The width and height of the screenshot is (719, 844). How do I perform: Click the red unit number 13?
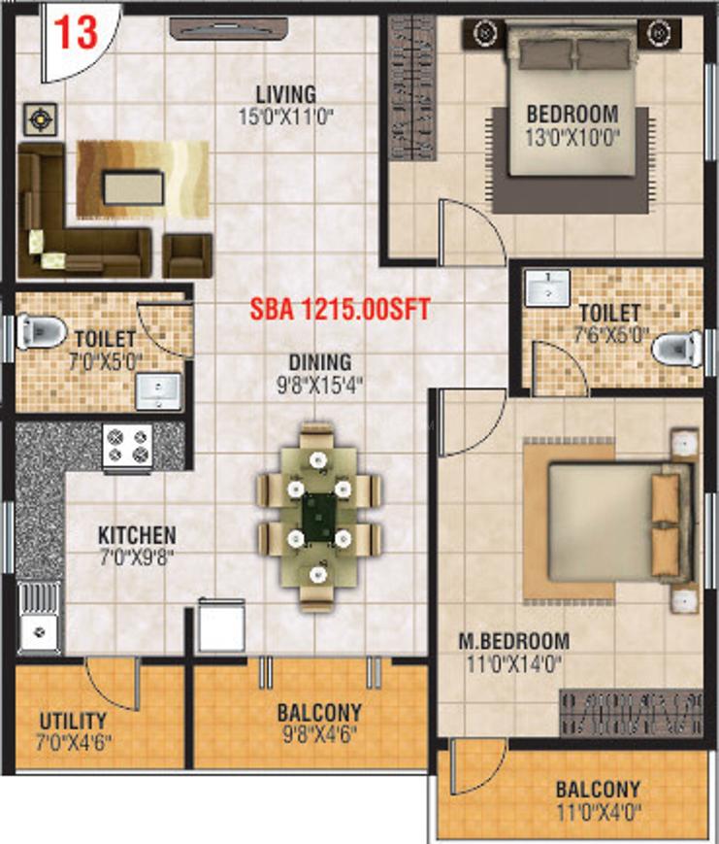77,32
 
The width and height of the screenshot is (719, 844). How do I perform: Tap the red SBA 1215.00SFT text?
340,310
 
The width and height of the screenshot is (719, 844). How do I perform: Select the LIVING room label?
286,94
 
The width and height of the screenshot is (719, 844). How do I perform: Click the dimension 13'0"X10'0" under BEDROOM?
572,138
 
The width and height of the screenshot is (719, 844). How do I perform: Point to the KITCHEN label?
137,535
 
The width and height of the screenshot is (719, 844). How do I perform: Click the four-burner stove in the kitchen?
128,447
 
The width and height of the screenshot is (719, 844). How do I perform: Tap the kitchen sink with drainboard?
39,618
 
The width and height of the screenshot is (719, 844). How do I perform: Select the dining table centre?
318,518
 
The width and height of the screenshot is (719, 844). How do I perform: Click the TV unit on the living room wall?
229,28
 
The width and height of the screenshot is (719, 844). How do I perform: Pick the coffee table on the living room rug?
133,187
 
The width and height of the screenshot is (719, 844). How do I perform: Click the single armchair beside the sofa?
187,254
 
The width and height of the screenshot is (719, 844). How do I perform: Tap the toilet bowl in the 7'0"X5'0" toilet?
40,330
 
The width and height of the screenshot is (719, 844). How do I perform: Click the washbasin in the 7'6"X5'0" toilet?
547,288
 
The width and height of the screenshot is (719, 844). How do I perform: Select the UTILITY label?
73,722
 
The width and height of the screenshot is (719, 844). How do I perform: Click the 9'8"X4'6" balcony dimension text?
319,734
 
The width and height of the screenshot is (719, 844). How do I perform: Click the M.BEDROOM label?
513,641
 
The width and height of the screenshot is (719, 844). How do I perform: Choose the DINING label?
320,361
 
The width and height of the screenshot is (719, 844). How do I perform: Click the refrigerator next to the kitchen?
221,626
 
